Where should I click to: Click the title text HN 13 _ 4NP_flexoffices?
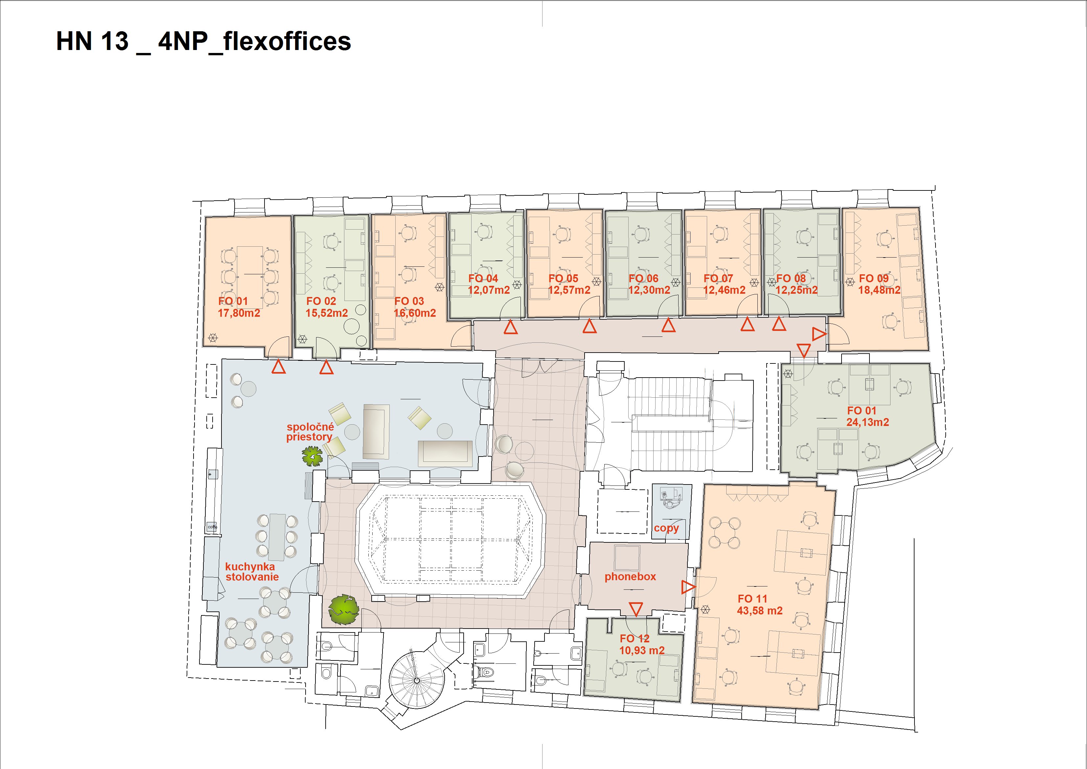[204, 42]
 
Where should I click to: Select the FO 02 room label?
[321, 301]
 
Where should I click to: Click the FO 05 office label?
[564, 279]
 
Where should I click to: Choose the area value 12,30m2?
[649, 290]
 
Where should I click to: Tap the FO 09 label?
[874, 279]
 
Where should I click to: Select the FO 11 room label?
[752, 599]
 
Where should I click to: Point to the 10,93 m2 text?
[642, 651]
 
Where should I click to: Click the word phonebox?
[630, 577]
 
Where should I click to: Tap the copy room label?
[667, 528]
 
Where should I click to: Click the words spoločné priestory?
[310, 432]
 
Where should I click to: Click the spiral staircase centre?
[417, 680]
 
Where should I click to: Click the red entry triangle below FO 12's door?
[636, 609]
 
